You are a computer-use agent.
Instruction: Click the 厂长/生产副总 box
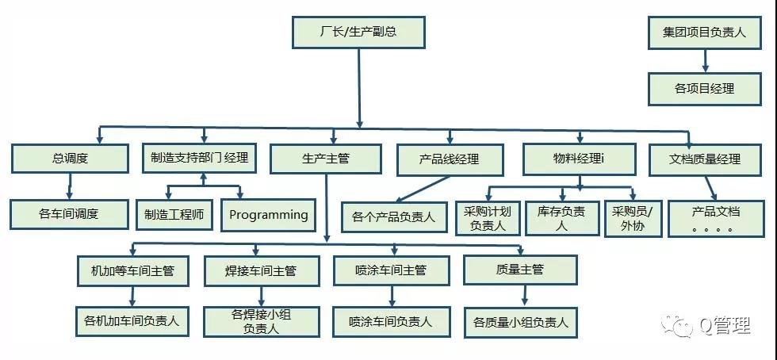358,33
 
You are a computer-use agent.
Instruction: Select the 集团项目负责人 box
704,33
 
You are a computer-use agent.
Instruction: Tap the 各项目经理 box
704,90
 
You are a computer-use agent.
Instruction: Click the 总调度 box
70,159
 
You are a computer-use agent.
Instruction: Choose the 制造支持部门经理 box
199,158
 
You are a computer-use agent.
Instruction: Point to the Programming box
269,215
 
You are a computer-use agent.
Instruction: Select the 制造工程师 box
174,215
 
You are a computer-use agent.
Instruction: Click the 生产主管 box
326,159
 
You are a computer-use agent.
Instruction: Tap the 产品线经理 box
450,159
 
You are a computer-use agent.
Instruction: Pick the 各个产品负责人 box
393,216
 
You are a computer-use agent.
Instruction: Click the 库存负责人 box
561,218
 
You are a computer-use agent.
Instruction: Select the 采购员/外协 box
633,219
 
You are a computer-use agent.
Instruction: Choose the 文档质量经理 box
705,159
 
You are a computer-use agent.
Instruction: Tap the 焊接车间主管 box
261,270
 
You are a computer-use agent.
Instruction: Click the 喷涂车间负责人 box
392,321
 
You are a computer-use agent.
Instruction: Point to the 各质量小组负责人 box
521,322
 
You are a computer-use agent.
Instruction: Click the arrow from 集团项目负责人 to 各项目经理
705,61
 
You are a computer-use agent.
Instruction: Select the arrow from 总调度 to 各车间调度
70,186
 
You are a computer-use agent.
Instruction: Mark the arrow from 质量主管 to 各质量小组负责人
524,296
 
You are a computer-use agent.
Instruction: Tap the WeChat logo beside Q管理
675,325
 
